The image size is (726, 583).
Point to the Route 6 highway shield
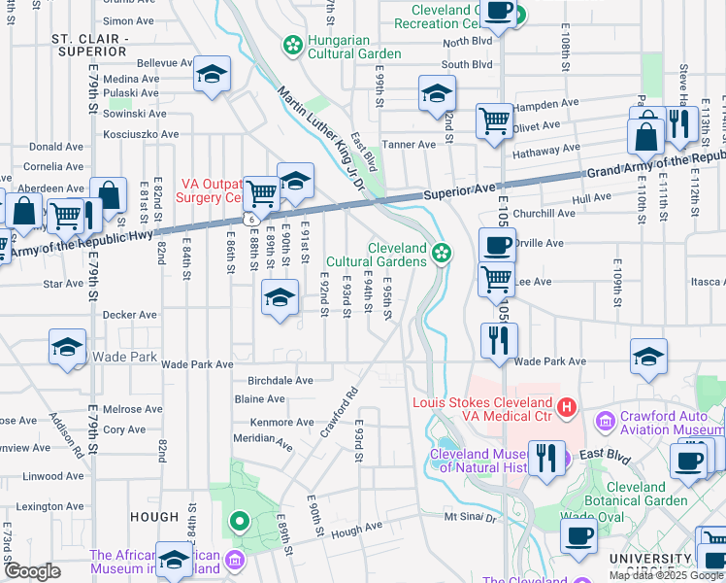coord(251,221)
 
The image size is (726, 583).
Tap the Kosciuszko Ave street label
coord(142,134)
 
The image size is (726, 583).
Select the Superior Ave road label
coord(457,194)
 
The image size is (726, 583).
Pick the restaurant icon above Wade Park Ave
coord(499,341)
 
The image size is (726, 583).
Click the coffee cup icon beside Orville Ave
coord(497,245)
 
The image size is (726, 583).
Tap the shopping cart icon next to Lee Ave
coord(497,280)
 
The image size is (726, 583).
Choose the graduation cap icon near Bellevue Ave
coord(211,75)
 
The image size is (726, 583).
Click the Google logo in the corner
coord(31,571)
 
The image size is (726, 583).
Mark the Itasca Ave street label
coord(703,282)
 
